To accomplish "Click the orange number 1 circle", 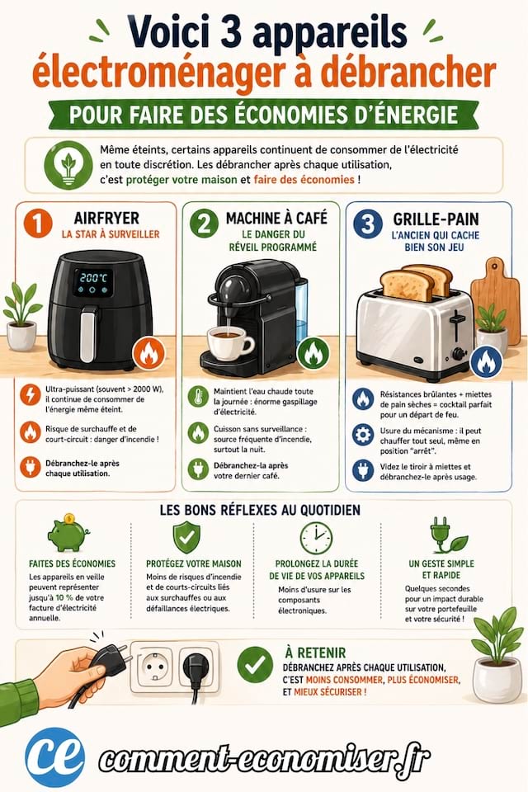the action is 38,223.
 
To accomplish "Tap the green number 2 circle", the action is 204,223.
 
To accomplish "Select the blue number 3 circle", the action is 367,224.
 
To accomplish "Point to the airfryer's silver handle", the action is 88,333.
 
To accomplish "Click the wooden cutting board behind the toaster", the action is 496,298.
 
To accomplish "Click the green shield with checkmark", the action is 186,537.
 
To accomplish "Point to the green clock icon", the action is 316,538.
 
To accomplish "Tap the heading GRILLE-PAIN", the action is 436,219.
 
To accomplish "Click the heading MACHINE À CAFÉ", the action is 276,218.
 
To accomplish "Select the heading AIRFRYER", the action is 106,218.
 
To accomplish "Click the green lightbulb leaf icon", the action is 68,165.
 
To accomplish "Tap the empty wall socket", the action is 154,667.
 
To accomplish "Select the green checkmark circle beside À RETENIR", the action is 255,665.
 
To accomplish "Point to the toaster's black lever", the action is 457,323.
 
